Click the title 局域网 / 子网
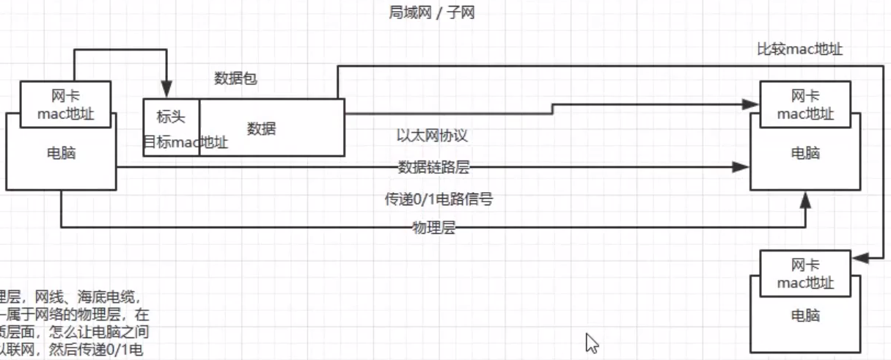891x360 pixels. click(432, 12)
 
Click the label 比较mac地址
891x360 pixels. click(799, 49)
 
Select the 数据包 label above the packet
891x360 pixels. click(235, 78)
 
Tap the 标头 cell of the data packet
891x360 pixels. click(171, 117)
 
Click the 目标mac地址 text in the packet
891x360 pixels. click(185, 142)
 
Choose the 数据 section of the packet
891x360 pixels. click(261, 129)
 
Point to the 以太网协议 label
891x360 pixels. click(431, 136)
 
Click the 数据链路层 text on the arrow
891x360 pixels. click(433, 167)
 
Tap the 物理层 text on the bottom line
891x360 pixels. click(433, 228)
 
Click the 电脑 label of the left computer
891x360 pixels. click(61, 154)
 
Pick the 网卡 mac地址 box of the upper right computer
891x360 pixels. click(805, 105)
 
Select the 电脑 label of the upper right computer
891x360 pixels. click(805, 153)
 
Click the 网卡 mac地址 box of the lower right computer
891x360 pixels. click(805, 273)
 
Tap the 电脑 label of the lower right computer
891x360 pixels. click(805, 316)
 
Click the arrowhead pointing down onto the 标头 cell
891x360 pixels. click(167, 92)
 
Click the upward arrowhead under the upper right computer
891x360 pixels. click(806, 199)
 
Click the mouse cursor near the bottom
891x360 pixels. click(592, 343)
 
